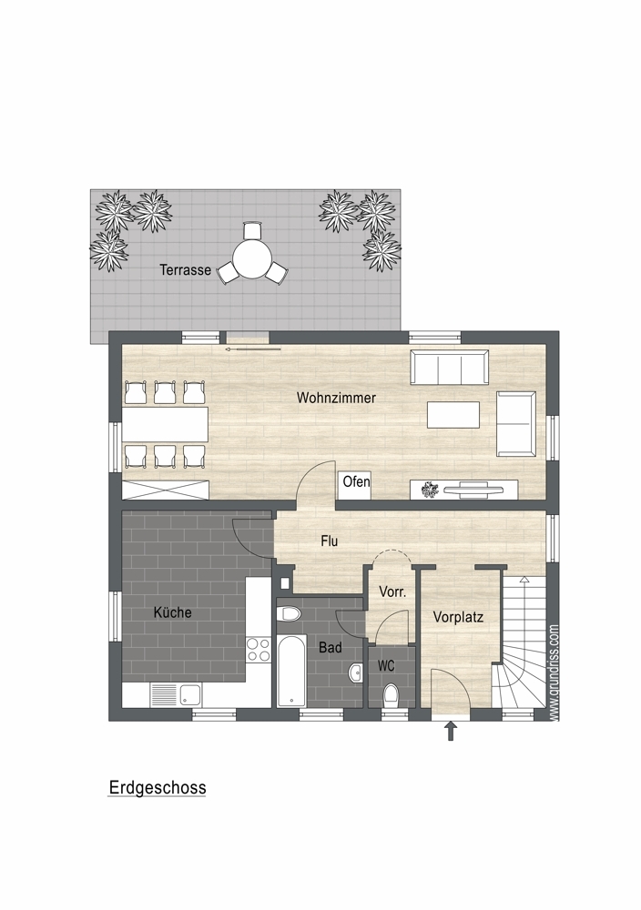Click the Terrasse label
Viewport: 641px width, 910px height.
pyautogui.click(x=185, y=270)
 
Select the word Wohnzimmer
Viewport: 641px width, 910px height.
pyautogui.click(x=336, y=398)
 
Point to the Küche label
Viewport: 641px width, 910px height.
pyautogui.click(x=172, y=612)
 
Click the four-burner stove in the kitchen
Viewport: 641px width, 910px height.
pyautogui.click(x=259, y=650)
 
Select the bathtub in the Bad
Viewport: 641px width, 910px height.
pyautogui.click(x=291, y=671)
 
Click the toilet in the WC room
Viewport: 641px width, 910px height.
pyautogui.click(x=392, y=694)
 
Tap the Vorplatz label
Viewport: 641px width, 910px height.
pyautogui.click(x=458, y=617)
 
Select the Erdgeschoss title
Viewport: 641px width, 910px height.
pyautogui.click(x=158, y=787)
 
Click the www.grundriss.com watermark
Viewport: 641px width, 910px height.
pyautogui.click(x=554, y=672)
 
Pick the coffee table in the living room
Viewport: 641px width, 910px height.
pyautogui.click(x=453, y=414)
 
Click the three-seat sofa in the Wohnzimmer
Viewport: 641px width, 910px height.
pyautogui.click(x=450, y=367)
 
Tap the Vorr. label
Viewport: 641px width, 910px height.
pyautogui.click(x=392, y=592)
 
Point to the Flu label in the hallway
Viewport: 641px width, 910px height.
pyautogui.click(x=330, y=541)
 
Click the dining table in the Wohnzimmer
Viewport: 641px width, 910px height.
pyautogui.click(x=165, y=424)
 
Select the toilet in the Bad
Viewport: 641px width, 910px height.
pyautogui.click(x=289, y=613)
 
